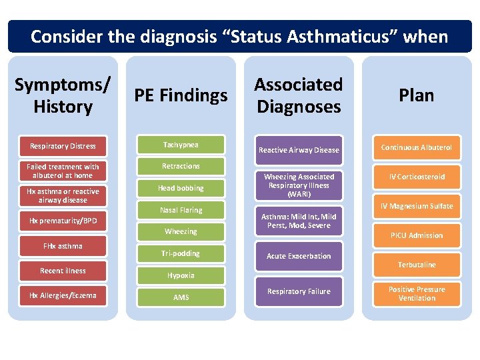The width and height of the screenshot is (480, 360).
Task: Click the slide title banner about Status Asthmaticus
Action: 239,36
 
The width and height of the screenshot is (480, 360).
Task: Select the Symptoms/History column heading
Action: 63,95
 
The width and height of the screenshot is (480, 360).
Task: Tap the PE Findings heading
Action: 181,95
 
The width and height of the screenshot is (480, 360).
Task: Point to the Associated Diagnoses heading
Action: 298,95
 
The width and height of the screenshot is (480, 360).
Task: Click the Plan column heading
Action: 416,95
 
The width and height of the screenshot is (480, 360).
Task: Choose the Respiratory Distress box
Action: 63,146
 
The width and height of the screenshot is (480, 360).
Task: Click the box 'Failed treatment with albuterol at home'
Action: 63,171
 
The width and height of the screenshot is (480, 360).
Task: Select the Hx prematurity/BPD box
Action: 63,221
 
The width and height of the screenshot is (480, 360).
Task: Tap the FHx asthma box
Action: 63,246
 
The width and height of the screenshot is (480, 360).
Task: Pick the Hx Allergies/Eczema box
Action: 63,295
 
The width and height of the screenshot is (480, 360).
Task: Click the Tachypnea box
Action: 181,145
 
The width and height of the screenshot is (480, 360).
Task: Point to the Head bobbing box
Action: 181,188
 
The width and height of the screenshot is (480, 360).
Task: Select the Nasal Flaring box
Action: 181,210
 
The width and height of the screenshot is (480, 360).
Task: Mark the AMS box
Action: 181,297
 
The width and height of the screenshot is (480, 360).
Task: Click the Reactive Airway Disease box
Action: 299,150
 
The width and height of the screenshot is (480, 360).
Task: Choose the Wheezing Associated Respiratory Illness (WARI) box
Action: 299,185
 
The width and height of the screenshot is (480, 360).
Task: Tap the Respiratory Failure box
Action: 299,291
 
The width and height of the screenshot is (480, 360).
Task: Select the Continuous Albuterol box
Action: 417,147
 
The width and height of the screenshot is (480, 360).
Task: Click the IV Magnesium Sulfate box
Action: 417,206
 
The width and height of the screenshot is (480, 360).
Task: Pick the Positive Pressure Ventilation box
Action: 417,294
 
